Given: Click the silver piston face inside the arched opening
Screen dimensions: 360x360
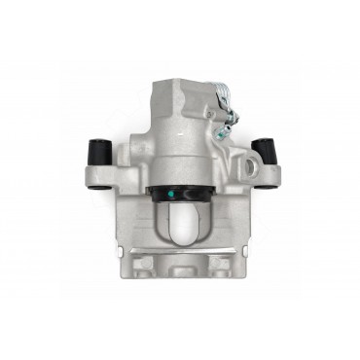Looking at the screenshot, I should click(x=179, y=222).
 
